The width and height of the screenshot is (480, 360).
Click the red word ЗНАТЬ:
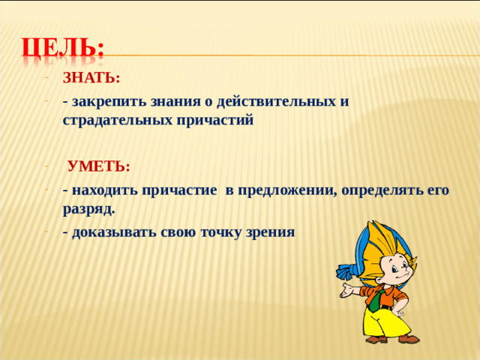point(91,79)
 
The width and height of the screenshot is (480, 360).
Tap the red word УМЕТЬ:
point(98,166)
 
